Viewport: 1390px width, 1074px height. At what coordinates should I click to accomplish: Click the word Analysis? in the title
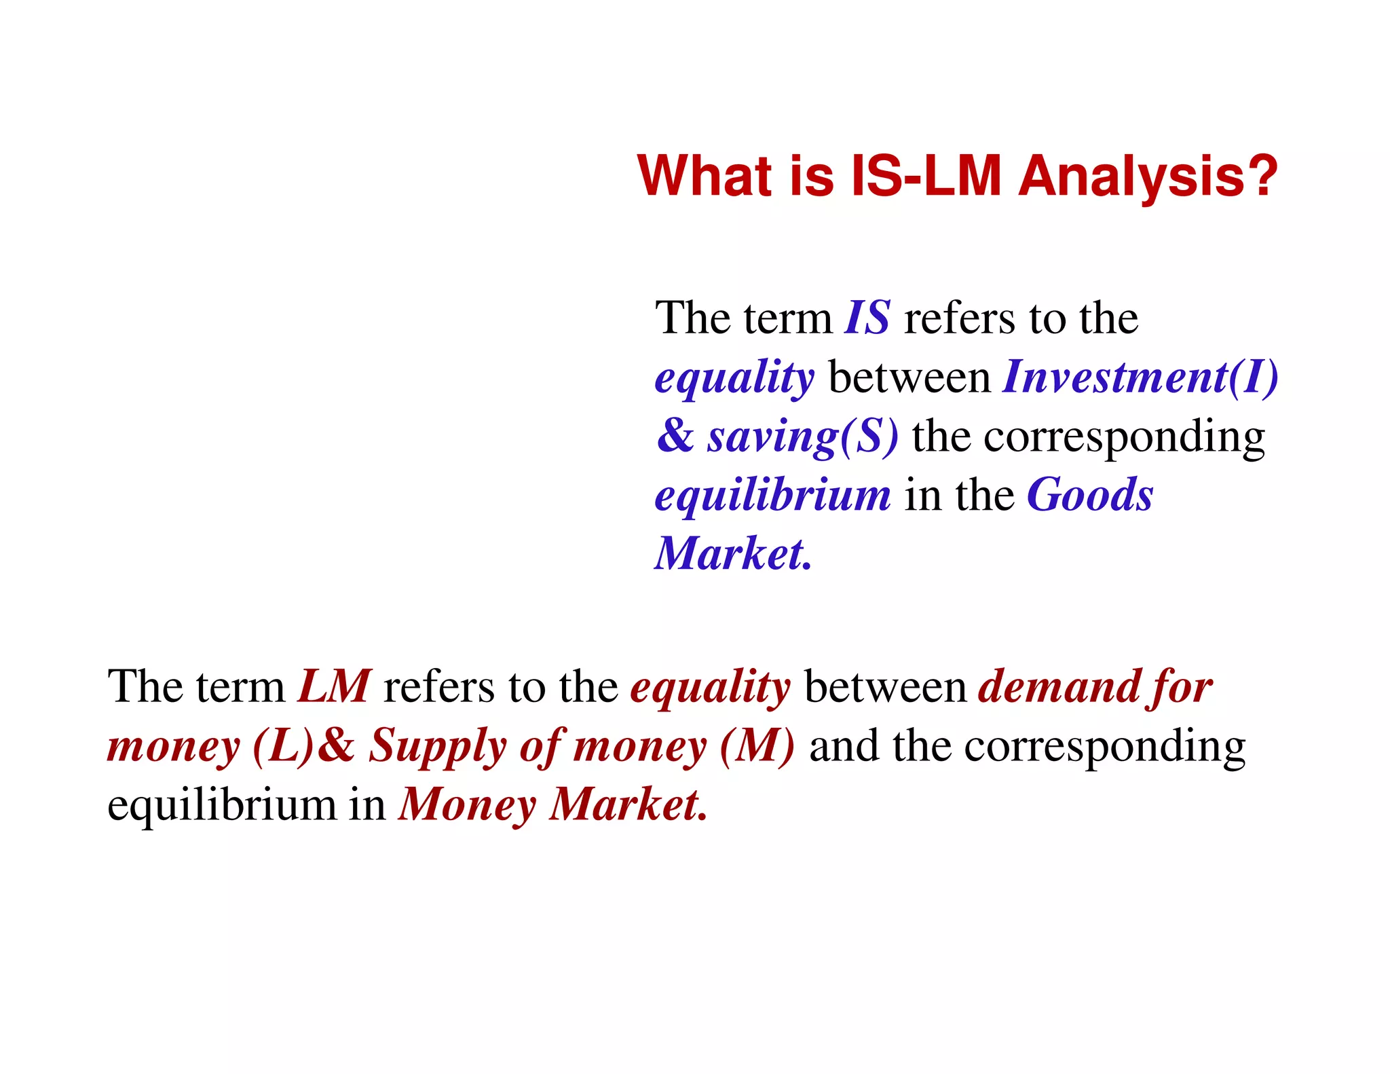pyautogui.click(x=1148, y=176)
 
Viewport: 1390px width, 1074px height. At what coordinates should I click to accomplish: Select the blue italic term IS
pyautogui.click(x=867, y=318)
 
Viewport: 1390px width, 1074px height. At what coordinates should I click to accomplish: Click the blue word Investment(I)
pyautogui.click(x=1140, y=377)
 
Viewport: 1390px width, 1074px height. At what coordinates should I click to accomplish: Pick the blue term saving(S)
pyautogui.click(x=803, y=436)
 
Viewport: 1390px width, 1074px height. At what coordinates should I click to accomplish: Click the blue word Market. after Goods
pyautogui.click(x=733, y=553)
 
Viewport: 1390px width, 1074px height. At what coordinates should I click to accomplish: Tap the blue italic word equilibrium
pyautogui.click(x=772, y=496)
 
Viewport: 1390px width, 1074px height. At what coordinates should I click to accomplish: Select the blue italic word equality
pyautogui.click(x=734, y=378)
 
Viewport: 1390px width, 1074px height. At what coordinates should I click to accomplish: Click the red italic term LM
pyautogui.click(x=335, y=686)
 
